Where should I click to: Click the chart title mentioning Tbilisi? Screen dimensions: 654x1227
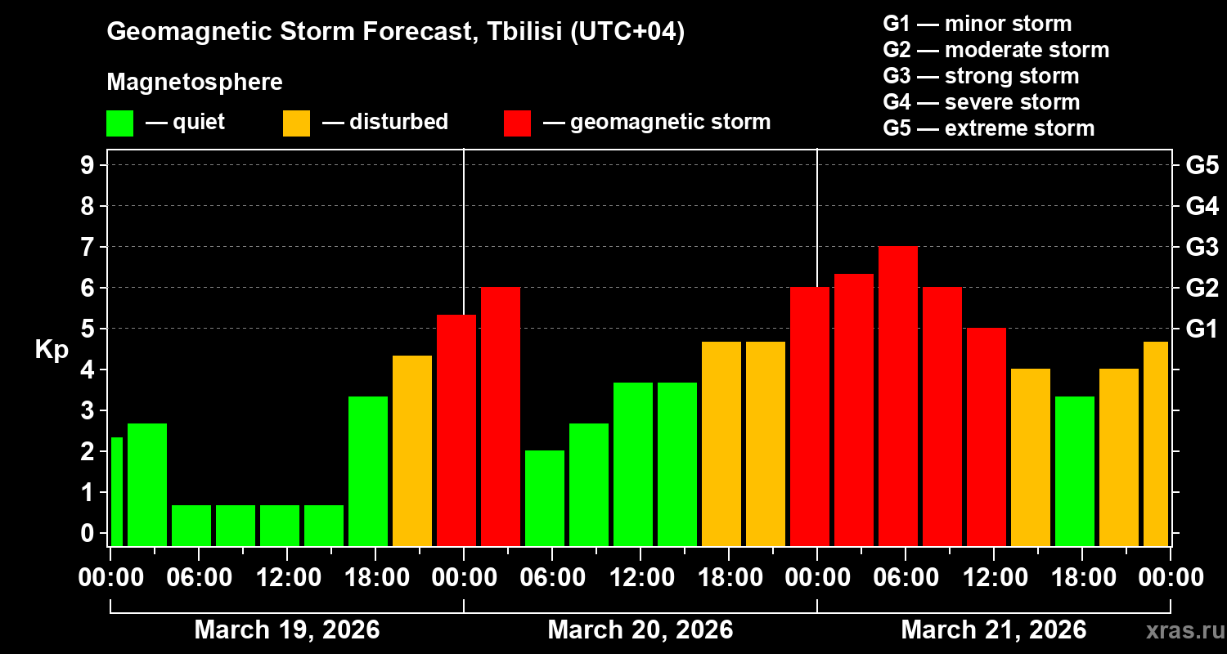click(x=396, y=32)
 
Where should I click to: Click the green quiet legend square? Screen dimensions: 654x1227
click(x=119, y=123)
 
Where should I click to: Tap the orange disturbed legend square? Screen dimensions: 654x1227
click(x=296, y=123)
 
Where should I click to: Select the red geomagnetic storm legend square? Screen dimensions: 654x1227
click(x=517, y=123)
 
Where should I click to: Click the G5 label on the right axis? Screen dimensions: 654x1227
click(x=1202, y=165)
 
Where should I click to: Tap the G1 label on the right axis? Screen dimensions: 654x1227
click(x=1202, y=329)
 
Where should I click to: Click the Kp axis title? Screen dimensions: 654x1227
click(x=52, y=350)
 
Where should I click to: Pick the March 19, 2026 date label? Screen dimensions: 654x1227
click(x=286, y=629)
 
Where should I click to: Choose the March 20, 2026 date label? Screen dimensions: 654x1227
click(x=640, y=629)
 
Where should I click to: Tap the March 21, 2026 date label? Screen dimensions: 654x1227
click(x=993, y=629)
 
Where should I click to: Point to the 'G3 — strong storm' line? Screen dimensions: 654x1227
click(x=981, y=76)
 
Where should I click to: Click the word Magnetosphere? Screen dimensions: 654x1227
click(x=195, y=83)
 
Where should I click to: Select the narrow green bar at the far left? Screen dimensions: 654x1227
click(x=117, y=491)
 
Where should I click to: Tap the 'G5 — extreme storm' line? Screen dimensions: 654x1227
click(x=988, y=128)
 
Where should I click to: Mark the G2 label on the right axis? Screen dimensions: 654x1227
click(x=1202, y=288)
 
